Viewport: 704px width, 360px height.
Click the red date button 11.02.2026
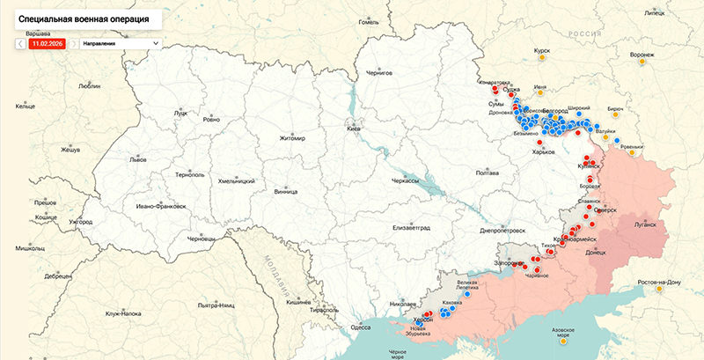click(46, 42)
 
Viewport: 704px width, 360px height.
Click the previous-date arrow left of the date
click(20, 42)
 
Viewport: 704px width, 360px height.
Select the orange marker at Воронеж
click(642, 63)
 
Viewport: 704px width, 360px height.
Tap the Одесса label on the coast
click(361, 327)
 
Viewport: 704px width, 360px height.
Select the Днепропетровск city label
click(502, 231)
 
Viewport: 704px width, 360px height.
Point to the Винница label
click(286, 191)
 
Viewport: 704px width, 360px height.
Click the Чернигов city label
click(378, 74)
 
